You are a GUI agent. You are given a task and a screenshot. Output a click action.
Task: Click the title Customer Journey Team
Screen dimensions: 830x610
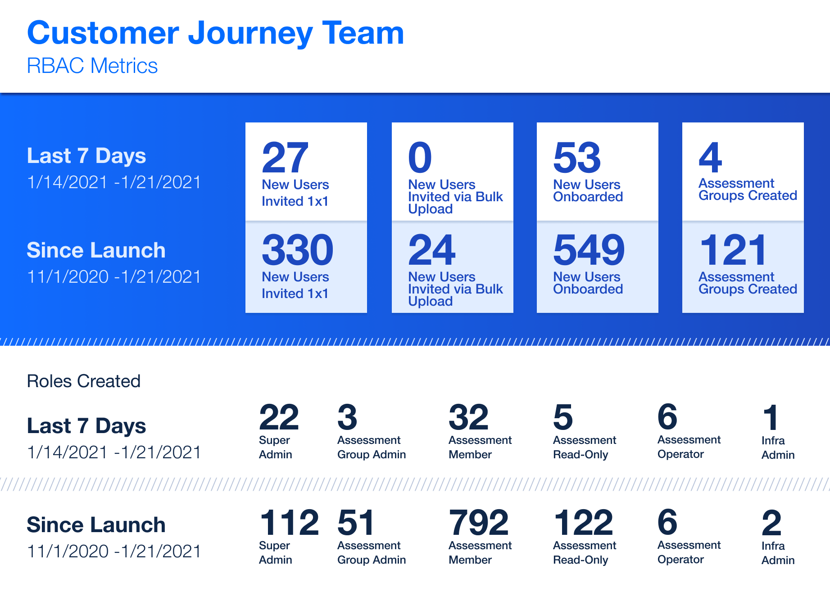[x=215, y=34]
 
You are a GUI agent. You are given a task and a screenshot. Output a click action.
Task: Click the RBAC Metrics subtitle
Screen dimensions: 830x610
[x=92, y=66]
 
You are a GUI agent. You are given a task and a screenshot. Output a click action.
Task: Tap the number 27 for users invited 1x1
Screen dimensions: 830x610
[x=285, y=158]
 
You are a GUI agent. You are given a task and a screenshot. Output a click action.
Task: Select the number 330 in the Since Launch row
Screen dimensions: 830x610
[x=298, y=250]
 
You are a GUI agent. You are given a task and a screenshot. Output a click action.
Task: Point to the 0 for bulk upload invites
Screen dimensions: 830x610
[x=420, y=158]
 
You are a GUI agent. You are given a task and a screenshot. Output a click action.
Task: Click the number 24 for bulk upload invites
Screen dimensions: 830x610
[x=432, y=250]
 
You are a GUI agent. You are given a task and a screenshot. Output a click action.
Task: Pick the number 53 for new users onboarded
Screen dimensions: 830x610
[x=577, y=158]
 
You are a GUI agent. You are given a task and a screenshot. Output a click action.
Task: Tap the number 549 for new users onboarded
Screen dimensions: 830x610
[x=589, y=250]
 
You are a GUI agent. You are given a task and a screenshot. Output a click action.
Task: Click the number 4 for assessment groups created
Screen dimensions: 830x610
[x=710, y=158]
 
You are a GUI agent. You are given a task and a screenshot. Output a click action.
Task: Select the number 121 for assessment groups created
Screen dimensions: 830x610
[x=733, y=250]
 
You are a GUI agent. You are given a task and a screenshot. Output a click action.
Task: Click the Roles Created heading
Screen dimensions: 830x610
[x=84, y=381]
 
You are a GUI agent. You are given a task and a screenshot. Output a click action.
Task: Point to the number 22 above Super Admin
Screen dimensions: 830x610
[x=279, y=417]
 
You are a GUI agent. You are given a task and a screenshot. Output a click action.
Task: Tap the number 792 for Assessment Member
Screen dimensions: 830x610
[x=479, y=523]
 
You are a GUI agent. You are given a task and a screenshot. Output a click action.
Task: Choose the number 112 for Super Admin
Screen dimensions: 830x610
[x=289, y=523]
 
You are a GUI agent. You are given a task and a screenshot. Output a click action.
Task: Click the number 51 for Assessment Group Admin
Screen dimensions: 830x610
[x=356, y=523]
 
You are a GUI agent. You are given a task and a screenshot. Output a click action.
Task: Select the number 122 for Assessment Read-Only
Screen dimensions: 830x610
[x=583, y=523]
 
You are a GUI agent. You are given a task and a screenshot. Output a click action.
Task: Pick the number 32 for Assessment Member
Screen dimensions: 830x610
[x=468, y=417]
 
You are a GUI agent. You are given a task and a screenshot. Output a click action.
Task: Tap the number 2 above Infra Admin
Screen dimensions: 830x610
[x=771, y=523]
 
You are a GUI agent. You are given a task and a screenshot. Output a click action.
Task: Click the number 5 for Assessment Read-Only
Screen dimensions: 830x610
[x=563, y=417]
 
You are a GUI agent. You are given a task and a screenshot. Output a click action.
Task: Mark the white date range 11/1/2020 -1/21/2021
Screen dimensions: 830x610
[x=114, y=277]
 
